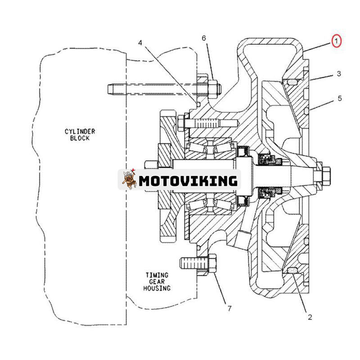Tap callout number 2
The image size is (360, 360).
(310, 316)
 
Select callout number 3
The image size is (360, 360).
(338, 73)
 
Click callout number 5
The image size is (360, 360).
(339, 98)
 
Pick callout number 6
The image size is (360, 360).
(204, 39)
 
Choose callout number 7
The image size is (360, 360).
(229, 309)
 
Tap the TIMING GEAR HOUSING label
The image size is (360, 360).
(157, 281)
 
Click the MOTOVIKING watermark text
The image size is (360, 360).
(188, 180)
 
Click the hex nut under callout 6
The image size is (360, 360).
(213, 86)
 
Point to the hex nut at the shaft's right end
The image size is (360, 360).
(326, 172)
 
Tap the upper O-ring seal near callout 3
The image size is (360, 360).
(291, 81)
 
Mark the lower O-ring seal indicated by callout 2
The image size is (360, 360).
(292, 270)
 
